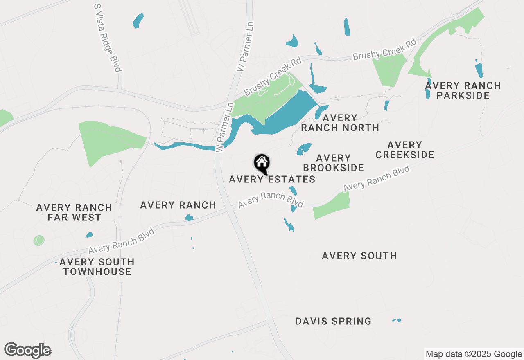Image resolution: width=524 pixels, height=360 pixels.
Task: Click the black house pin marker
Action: (262, 164)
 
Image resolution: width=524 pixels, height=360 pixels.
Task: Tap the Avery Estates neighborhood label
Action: (272, 179)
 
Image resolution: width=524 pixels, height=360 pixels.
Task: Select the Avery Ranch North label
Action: (340, 123)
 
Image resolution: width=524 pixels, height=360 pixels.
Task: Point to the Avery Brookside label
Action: (333, 163)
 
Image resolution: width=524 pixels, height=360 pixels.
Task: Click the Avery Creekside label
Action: (404, 150)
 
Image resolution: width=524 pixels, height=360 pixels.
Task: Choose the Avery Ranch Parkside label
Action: (463, 90)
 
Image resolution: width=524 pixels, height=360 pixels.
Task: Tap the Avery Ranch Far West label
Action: (74, 212)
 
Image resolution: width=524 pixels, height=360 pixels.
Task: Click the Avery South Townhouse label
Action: (97, 267)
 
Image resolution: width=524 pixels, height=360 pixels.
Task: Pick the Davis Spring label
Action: (333, 321)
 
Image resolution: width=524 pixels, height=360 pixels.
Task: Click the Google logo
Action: (27, 351)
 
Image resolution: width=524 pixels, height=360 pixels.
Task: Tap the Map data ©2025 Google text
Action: (473, 354)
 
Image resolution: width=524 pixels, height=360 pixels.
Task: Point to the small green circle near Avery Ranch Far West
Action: (39, 240)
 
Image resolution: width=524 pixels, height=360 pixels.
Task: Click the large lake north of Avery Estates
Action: (287, 115)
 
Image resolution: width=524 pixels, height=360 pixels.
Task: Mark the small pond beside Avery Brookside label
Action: (303, 149)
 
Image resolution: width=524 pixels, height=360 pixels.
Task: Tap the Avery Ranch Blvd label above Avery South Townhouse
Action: (122, 241)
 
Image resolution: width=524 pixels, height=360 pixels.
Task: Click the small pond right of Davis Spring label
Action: (396, 320)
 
